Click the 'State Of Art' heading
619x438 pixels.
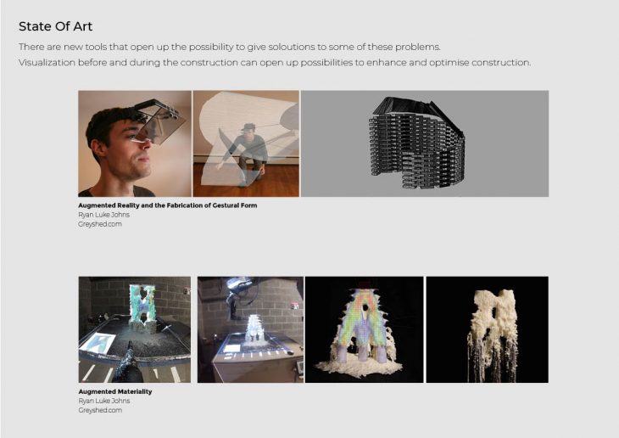(x=55, y=26)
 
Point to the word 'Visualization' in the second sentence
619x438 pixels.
(x=47, y=63)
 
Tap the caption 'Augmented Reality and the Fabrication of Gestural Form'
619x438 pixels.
(x=167, y=205)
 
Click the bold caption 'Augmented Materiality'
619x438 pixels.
(x=114, y=392)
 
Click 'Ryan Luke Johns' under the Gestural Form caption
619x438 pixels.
(x=103, y=215)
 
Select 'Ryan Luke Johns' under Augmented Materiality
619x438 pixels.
(x=103, y=401)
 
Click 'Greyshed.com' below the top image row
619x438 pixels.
(x=100, y=224)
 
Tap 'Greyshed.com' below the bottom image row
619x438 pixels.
(x=100, y=410)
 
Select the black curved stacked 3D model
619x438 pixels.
(x=416, y=142)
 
